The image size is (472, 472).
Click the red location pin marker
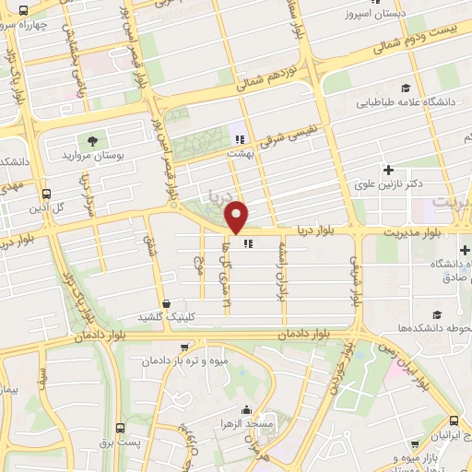[238, 216]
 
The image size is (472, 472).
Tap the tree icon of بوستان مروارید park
[91, 141]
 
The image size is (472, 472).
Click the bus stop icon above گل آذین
[46, 195]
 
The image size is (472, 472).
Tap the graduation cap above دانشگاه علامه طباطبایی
[405, 88]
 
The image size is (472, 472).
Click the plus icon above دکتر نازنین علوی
[388, 170]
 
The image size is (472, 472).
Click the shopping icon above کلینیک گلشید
[165, 302]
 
